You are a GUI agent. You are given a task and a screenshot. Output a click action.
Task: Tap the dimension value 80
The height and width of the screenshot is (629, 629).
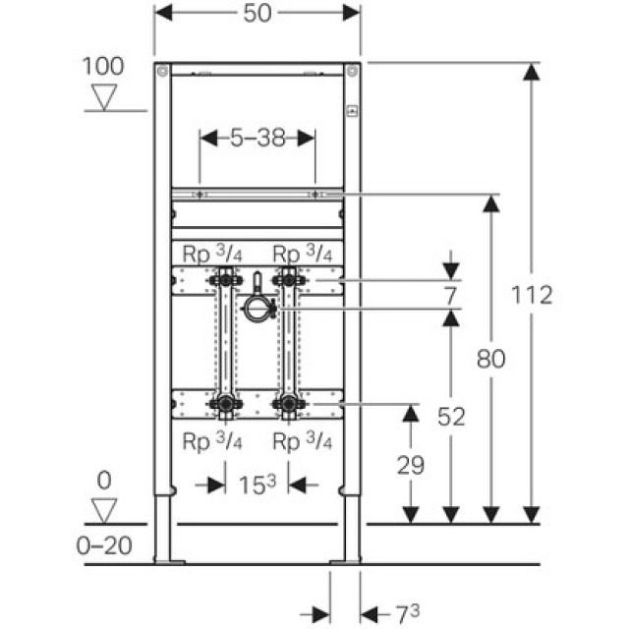(x=490, y=359)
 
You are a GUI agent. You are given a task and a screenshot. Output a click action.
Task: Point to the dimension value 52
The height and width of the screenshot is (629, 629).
(x=450, y=417)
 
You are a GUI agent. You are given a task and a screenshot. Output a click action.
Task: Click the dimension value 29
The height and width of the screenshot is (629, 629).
(x=411, y=465)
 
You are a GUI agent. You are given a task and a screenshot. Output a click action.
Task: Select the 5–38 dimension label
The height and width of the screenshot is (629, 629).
(x=257, y=139)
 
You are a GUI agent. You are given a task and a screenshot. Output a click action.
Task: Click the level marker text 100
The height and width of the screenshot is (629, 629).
(x=103, y=67)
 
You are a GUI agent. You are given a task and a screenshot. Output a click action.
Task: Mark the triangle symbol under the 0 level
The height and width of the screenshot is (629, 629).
(x=103, y=510)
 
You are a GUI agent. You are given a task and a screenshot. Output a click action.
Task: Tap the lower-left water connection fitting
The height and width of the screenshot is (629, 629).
(x=225, y=403)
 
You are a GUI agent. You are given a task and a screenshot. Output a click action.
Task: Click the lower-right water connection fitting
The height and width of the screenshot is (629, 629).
(x=288, y=403)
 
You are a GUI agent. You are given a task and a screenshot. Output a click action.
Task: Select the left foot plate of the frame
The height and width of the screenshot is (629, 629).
(x=169, y=562)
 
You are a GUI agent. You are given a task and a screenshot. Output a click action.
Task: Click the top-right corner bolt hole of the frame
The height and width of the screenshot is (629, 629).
(x=352, y=70)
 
